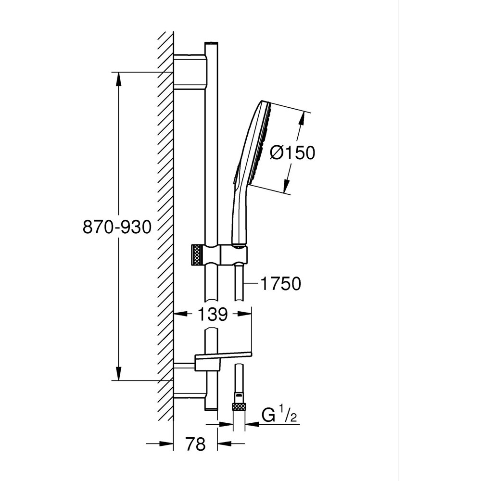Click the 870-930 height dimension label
click(x=117, y=227)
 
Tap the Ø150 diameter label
click(x=292, y=152)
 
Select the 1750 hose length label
click(x=280, y=284)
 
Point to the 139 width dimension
click(x=212, y=315)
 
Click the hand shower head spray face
click(x=263, y=144)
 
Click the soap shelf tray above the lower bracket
click(x=223, y=356)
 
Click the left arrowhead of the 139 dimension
click(x=179, y=315)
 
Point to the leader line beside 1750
click(x=251, y=284)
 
